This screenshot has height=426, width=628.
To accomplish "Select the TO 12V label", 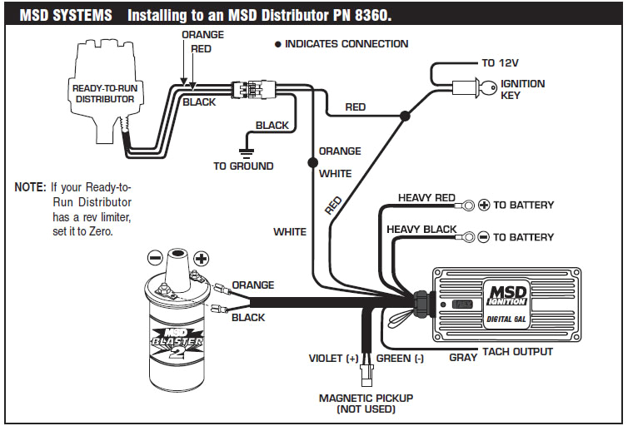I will (501, 62).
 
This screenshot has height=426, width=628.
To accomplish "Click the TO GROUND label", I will (243, 166).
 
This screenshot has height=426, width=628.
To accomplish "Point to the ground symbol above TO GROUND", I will (245, 151).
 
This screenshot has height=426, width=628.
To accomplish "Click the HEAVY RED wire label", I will (426, 198).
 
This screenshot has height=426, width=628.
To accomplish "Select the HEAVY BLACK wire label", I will (422, 230).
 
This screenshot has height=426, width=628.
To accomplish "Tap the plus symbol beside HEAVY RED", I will (483, 205).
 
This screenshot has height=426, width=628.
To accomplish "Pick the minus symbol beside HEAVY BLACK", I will (483, 237).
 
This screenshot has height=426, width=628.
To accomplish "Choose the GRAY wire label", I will (463, 357).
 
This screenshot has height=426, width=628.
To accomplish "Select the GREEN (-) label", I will (401, 359).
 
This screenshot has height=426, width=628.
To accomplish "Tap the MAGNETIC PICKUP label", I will (366, 399).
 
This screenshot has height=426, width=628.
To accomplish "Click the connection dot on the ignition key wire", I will (404, 117).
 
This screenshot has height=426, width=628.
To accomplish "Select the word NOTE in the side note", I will (30, 187).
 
